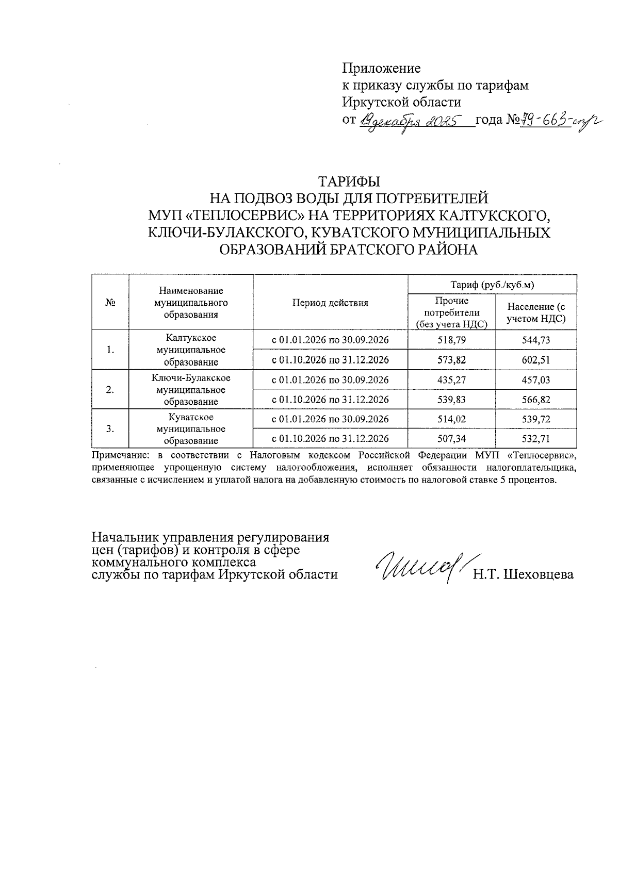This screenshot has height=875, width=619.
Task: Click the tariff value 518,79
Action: (451, 340)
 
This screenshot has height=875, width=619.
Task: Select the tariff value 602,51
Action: (535, 360)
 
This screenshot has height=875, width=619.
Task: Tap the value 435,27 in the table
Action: (451, 380)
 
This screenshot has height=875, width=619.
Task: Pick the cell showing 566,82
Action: (535, 400)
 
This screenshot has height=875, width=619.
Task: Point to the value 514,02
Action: (451, 419)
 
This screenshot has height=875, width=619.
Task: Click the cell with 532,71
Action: (535, 439)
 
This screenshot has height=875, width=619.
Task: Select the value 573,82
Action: (451, 360)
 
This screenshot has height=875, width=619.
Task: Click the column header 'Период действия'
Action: (330, 303)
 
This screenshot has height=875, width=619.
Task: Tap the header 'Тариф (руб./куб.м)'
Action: (492, 284)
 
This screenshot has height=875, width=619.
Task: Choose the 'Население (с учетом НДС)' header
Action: (535, 312)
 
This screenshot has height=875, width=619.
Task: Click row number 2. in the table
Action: (110, 390)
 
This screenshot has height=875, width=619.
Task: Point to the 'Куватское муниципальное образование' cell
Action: (191, 429)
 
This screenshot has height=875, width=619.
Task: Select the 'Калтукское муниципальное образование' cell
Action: (191, 350)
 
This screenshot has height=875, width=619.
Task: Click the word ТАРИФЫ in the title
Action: (349, 182)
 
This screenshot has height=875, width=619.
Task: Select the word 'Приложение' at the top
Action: (382, 68)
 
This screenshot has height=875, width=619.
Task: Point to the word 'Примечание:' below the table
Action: (121, 456)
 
